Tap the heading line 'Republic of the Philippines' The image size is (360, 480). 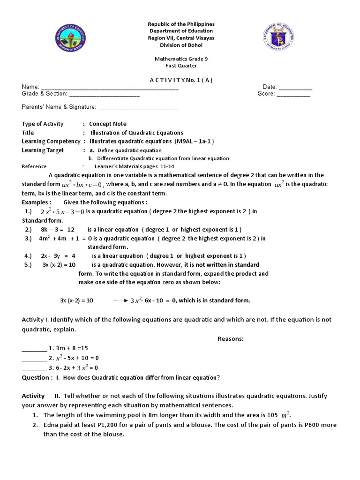(180, 24)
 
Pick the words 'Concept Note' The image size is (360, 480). (108, 124)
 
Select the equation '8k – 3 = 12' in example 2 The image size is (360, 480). (58, 230)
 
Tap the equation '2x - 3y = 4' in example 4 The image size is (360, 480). (58, 256)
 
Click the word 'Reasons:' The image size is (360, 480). (231, 338)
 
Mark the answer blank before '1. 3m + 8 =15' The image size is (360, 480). (35, 348)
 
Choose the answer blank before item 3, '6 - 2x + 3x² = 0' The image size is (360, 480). (35, 368)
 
